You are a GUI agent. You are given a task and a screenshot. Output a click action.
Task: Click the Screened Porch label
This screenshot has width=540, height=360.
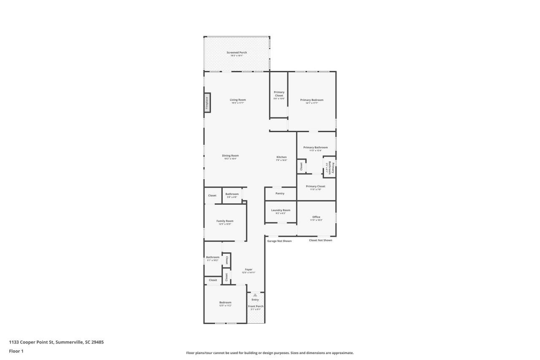point(237,53)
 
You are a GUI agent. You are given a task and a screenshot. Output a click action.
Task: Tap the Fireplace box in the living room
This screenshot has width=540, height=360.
point(207,103)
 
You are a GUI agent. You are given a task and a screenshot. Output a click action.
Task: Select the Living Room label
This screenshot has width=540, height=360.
point(238,100)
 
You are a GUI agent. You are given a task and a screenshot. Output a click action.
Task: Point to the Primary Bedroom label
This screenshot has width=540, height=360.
point(312,100)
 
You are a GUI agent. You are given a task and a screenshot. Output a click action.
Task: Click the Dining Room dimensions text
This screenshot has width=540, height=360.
point(230,159)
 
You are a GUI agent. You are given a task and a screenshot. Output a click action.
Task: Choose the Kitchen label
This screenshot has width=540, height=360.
point(281,157)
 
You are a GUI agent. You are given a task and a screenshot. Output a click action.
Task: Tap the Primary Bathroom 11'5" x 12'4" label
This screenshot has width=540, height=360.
point(315,148)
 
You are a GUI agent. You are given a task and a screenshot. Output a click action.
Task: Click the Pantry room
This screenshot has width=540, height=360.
point(280,193)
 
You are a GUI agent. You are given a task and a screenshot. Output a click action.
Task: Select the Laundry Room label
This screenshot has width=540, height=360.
point(281,210)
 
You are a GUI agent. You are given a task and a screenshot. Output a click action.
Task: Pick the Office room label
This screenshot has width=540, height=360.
point(316,217)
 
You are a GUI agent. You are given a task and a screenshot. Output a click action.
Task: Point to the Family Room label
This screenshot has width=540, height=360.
point(225,221)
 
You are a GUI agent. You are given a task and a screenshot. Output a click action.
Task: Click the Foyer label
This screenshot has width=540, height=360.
point(248,269)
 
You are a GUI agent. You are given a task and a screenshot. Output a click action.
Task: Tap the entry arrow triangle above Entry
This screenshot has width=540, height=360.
point(255,295)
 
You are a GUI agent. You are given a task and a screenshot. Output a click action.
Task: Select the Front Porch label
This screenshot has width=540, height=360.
point(256,306)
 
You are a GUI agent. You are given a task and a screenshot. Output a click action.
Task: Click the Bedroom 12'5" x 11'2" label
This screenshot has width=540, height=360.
point(225,303)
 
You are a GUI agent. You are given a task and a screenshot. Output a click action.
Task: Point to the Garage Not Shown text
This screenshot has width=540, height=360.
point(279,241)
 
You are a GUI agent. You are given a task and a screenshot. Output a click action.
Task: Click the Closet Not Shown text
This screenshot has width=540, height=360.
point(320,240)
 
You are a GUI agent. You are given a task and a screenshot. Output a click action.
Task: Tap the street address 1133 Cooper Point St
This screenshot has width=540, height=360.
point(56,342)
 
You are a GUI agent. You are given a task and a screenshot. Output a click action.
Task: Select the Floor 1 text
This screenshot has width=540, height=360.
point(16,351)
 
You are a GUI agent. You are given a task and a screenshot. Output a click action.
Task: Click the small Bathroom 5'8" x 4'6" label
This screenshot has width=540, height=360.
point(232,194)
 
